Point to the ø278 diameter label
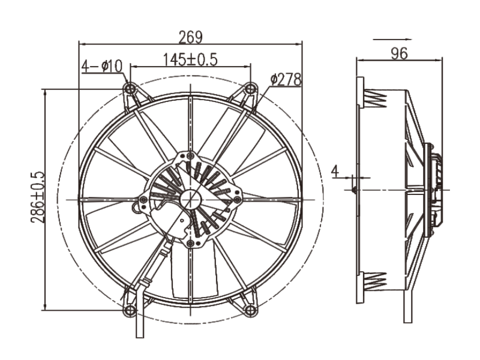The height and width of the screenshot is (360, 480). pyautogui.click(x=286, y=79)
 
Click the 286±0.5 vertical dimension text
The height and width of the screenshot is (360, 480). pyautogui.click(x=37, y=199)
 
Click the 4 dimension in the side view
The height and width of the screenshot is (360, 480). pyautogui.click(x=336, y=172)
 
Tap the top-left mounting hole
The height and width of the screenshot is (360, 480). pyautogui.click(x=130, y=89)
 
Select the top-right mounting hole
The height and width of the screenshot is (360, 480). pyautogui.click(x=251, y=89)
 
